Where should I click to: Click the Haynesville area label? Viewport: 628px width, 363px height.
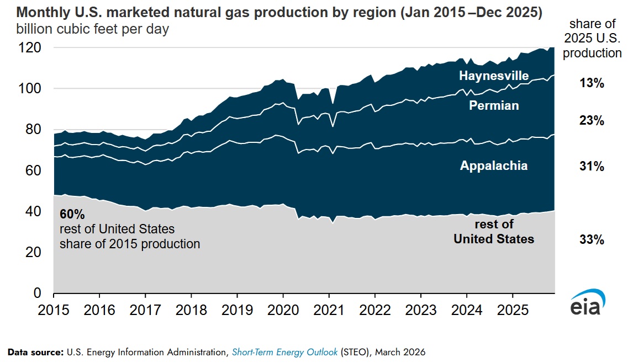click(x=494, y=76)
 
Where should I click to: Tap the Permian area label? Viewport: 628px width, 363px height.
click(x=494, y=105)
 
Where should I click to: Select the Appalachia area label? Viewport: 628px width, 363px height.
click(x=494, y=166)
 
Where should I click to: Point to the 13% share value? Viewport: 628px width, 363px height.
click(x=592, y=84)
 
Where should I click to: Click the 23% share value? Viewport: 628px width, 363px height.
click(x=592, y=121)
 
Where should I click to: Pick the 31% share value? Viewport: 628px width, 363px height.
click(x=592, y=166)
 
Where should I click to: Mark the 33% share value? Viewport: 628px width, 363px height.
click(x=592, y=240)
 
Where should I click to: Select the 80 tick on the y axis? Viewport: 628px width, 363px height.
click(x=33, y=130)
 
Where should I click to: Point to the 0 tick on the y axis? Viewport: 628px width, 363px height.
click(x=38, y=293)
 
